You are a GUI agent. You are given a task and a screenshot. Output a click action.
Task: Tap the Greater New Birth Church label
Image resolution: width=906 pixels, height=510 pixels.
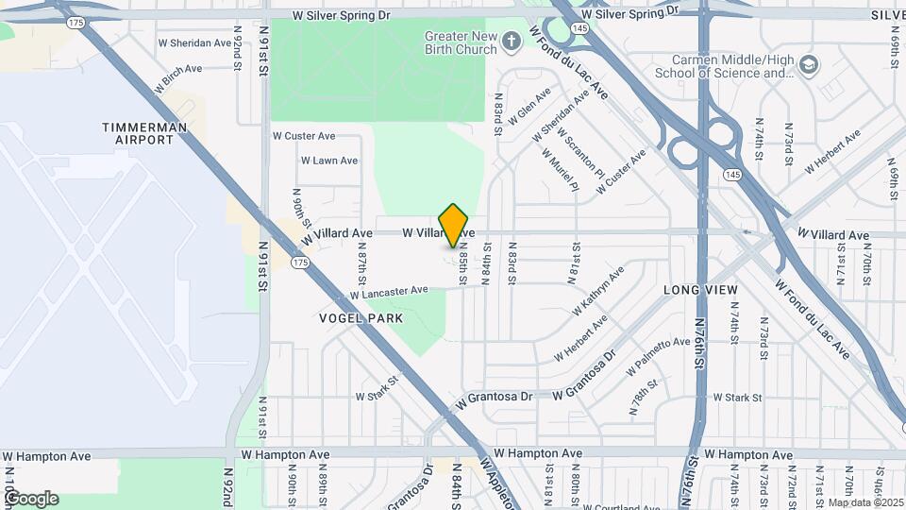pos(461,42)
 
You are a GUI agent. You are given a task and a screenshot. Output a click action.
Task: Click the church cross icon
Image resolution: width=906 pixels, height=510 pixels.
pos(512,41)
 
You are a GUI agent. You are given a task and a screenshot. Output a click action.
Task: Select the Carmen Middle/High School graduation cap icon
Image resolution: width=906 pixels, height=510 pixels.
pos(808,65)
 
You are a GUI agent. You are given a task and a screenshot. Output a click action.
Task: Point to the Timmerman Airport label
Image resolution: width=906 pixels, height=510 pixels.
pos(145,133)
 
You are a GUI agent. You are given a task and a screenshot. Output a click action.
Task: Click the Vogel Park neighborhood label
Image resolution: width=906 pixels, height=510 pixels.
pos(354,319)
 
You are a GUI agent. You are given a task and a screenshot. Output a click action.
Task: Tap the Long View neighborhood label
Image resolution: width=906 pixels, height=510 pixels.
pos(698,289)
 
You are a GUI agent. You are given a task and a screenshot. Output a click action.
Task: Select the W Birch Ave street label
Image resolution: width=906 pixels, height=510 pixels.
pos(178,76)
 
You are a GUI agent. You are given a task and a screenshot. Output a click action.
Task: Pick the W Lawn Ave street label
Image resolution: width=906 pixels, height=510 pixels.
pos(329,161)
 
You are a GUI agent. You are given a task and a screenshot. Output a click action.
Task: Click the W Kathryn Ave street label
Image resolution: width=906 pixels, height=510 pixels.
pos(597,292)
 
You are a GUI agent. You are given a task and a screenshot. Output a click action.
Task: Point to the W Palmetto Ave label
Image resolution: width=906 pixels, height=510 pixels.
pos(660,356)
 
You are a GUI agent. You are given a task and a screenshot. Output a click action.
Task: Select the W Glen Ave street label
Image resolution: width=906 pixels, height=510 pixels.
pos(529,107)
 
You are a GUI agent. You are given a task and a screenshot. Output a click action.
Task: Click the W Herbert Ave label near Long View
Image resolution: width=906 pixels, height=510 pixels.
pos(581,337)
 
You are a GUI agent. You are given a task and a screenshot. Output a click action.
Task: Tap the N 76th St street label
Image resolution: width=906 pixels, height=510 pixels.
pos(701,341)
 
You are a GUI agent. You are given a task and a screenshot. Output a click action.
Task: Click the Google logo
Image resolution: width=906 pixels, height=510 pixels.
pos(30,498)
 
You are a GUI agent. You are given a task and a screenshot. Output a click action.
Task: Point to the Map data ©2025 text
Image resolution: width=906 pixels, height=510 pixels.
pos(864,502)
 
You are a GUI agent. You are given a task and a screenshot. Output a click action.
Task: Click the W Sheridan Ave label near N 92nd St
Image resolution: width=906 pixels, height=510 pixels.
pos(194,43)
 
